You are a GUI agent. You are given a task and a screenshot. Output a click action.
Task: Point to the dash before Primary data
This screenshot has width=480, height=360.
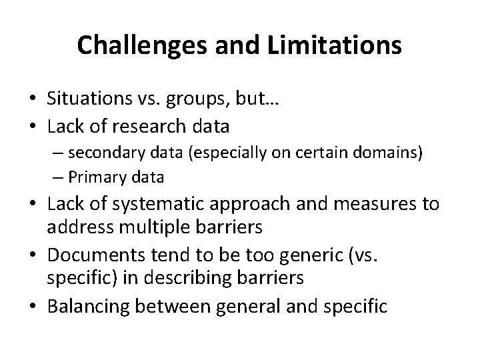point(59,178)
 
